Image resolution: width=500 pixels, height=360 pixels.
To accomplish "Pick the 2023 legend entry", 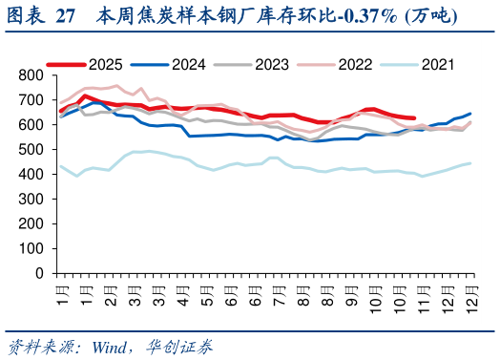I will click(273, 64).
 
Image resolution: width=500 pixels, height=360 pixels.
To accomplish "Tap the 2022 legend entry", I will click(356, 64).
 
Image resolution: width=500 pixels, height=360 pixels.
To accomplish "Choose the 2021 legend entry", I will click(438, 64).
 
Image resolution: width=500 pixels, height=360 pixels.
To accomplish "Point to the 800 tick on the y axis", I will click(32, 75).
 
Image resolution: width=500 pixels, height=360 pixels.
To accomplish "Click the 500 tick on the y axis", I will click(32, 149).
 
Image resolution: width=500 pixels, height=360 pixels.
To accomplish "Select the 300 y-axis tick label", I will click(32, 199).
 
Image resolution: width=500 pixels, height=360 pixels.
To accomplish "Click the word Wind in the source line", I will click(112, 345).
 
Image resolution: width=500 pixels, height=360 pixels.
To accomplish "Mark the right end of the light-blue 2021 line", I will click(470, 163).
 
